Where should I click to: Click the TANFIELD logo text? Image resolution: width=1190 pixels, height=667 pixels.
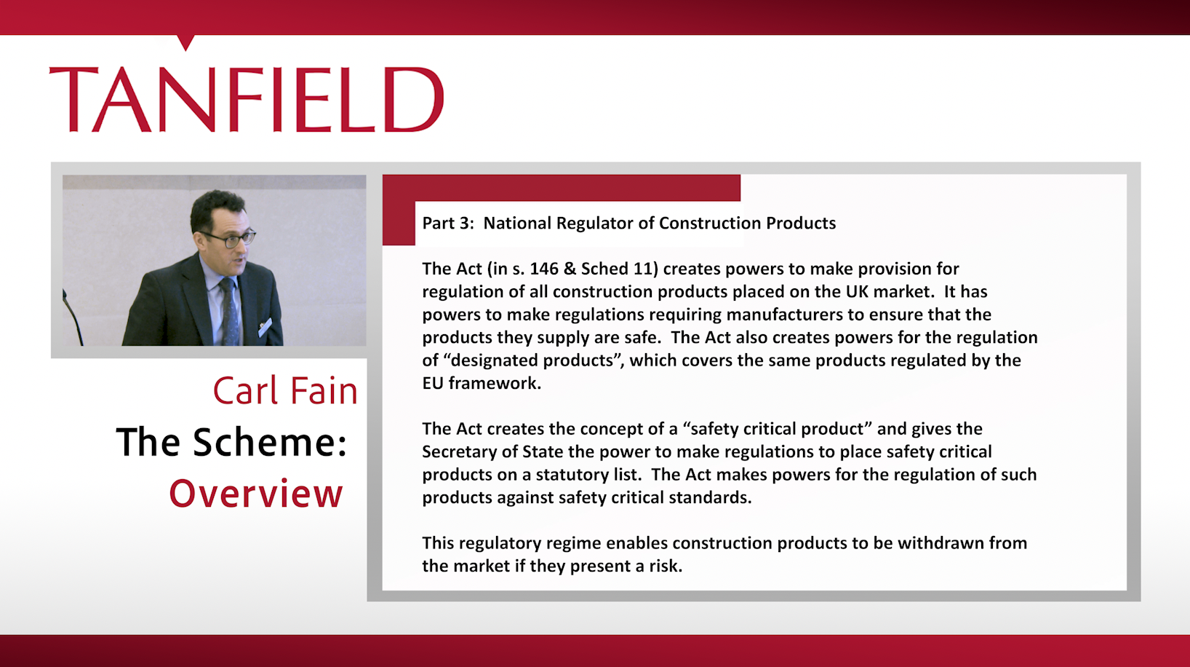[247, 100]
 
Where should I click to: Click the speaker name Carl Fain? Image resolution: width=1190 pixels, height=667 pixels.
[285, 391]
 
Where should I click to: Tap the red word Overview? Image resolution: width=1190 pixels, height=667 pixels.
[256, 494]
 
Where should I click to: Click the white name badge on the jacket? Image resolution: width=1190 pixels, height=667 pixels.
[265, 327]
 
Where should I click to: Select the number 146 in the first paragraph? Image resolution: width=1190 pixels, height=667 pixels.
[544, 269]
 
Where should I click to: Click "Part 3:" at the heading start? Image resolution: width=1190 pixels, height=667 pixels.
[448, 224]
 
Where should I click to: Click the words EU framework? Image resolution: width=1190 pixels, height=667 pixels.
[482, 383]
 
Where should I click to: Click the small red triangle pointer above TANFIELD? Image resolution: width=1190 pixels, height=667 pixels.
[185, 42]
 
